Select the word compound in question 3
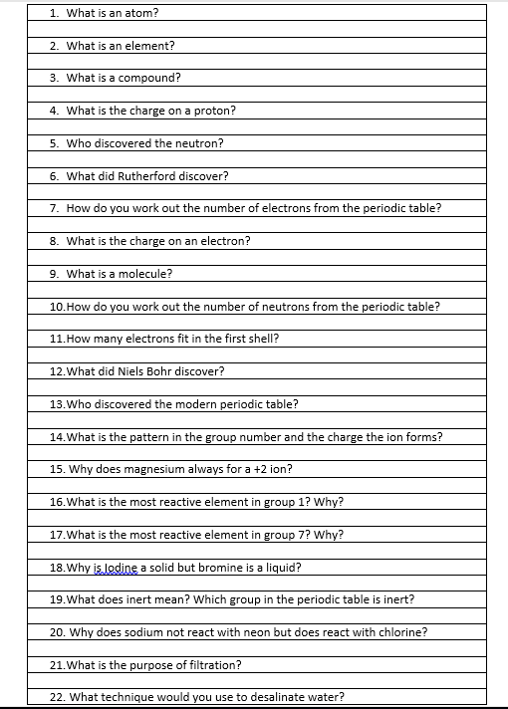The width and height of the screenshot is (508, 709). [150, 78]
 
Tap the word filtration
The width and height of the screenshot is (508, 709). [213, 664]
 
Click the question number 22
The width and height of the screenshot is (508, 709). [57, 697]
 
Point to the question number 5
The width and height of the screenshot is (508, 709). [54, 143]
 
